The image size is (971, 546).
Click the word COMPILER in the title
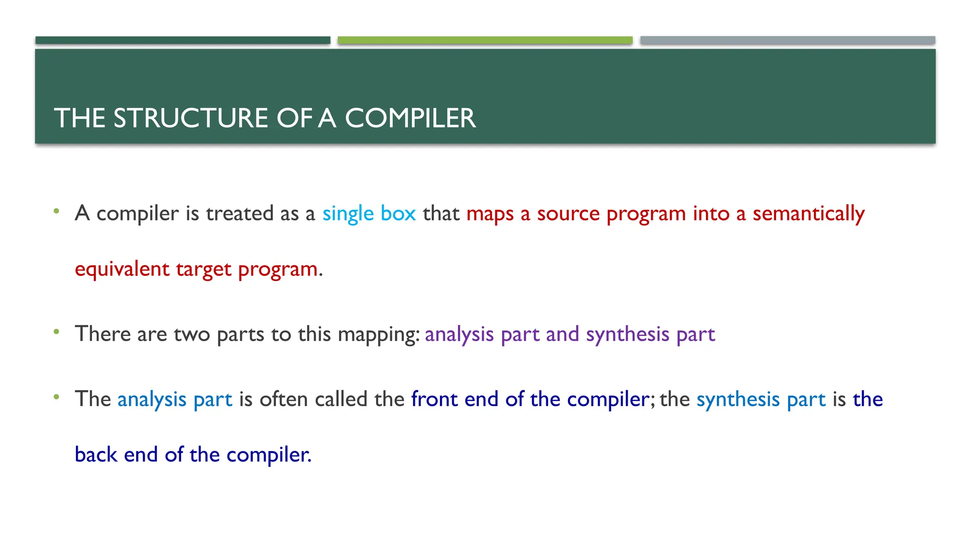[410, 118]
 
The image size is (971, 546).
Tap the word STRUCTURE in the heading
[191, 118]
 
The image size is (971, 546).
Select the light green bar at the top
[485, 40]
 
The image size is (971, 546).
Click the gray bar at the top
[788, 40]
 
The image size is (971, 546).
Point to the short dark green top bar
[183, 40]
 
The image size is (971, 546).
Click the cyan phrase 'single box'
[369, 213]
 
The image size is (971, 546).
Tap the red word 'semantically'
[808, 213]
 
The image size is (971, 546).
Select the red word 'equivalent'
[122, 269]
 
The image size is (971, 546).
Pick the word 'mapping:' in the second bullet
[378, 335]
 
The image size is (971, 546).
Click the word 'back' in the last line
[96, 455]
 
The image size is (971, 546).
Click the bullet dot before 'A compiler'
[56, 211]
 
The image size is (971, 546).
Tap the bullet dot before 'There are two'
[56, 332]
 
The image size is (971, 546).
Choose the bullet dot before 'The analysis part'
[56, 397]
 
